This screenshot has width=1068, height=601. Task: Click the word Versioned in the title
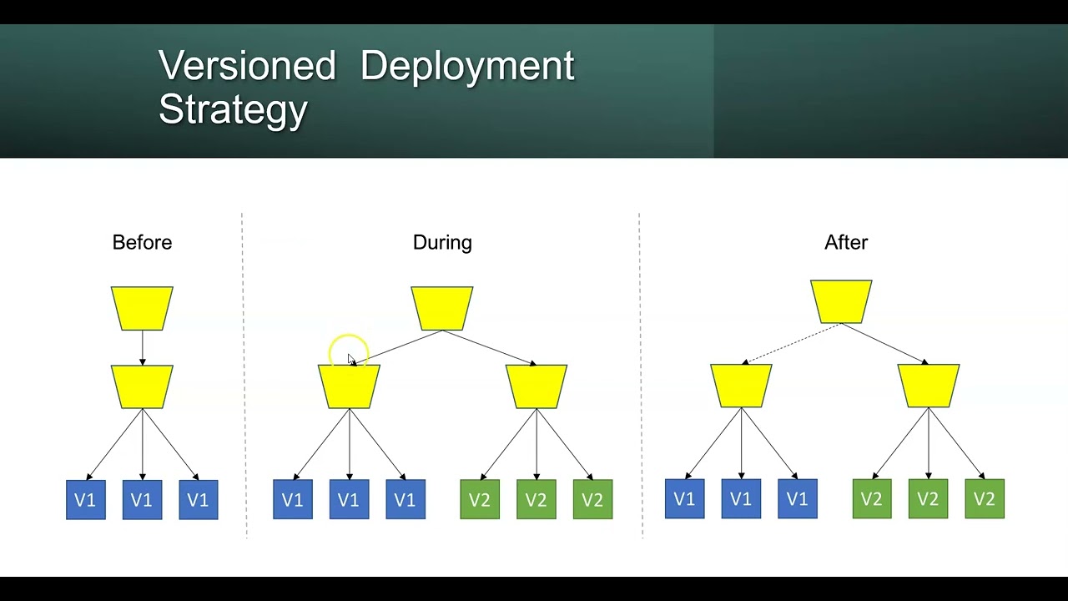click(247, 66)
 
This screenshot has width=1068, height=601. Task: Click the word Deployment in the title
click(467, 66)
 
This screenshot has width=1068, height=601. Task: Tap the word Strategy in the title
click(233, 109)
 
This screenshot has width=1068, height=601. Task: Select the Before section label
click(142, 243)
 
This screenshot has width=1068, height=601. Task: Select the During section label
click(442, 243)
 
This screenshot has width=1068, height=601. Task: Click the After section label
click(846, 243)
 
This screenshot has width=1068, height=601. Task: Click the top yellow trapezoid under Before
click(142, 308)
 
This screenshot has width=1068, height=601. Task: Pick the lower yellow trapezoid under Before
click(142, 386)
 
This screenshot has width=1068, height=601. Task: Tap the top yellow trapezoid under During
click(442, 308)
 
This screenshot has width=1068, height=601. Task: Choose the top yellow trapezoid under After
click(841, 301)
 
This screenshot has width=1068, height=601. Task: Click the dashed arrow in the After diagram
click(791, 344)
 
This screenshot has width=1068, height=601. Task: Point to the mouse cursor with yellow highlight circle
click(350, 356)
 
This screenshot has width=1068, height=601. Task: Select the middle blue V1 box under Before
click(142, 500)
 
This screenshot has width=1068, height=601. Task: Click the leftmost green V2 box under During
click(480, 500)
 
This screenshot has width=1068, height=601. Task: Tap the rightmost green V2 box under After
click(985, 499)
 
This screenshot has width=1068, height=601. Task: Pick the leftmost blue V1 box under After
click(684, 499)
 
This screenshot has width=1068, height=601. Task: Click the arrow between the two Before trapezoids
click(142, 347)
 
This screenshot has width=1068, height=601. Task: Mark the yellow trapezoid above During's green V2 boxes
click(537, 386)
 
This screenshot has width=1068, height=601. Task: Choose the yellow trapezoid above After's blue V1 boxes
click(741, 386)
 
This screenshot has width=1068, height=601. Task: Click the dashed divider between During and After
click(640, 376)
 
